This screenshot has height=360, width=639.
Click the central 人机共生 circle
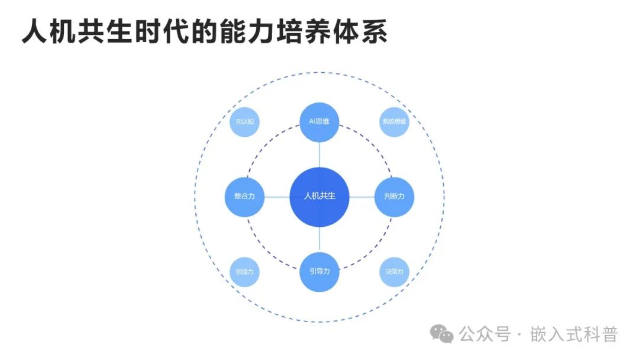pyautogui.click(x=319, y=197)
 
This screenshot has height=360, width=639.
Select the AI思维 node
pyautogui.click(x=319, y=122)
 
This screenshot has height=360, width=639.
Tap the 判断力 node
pyautogui.click(x=394, y=197)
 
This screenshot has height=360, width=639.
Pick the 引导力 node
pyautogui.click(x=319, y=271)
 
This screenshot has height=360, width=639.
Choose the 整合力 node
pyautogui.click(x=244, y=197)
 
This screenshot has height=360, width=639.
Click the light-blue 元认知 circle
pyautogui.click(x=244, y=122)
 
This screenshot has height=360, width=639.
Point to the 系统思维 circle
pyautogui.click(x=395, y=122)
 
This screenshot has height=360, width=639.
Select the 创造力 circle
pyautogui.click(x=244, y=272)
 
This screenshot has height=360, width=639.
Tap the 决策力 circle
pyautogui.click(x=395, y=272)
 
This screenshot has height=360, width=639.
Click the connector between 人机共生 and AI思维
pyautogui.click(x=319, y=155)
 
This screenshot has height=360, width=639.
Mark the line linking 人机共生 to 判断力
pyautogui.click(x=362, y=197)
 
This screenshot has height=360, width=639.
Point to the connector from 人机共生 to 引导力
pyautogui.click(x=319, y=239)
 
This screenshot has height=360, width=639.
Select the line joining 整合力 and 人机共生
pyautogui.click(x=277, y=197)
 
